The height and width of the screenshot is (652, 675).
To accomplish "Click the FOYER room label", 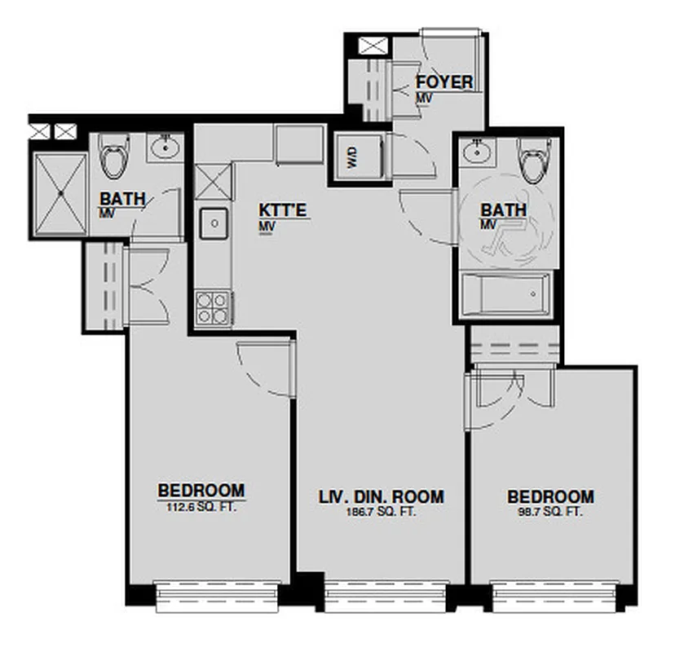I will [444, 82].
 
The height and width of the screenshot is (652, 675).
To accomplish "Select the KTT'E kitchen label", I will [283, 211].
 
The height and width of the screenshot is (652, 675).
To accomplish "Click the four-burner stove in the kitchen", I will [213, 308].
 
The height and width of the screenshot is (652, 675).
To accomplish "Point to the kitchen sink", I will [214, 221].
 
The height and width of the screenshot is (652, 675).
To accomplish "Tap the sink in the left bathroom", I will [165, 148].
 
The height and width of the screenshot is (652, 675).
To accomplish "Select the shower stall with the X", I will [59, 194].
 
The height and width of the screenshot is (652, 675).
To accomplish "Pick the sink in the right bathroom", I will [474, 151].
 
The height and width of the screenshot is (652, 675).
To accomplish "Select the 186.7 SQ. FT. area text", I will [381, 511].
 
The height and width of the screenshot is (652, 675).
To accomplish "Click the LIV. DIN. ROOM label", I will [381, 496].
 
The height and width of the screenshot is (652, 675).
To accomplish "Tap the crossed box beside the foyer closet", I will [374, 46].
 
